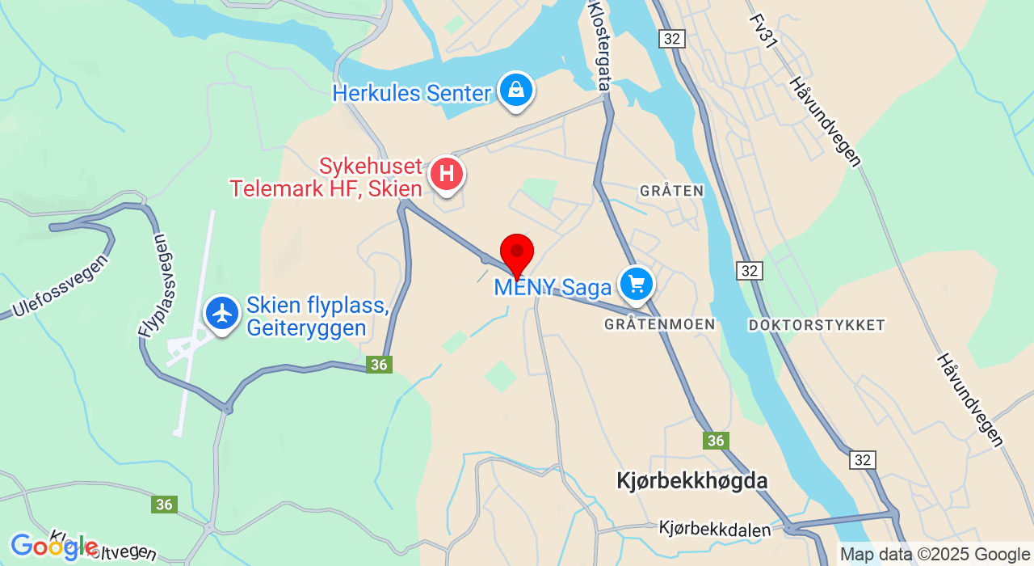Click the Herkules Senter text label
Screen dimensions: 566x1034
[x=411, y=94]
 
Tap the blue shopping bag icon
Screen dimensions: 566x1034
[x=515, y=90]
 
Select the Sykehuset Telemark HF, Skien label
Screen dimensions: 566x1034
[x=326, y=178]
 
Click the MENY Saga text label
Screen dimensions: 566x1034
[x=553, y=287]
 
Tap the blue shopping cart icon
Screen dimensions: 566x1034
[x=637, y=284]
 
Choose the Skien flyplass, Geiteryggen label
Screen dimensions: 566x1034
[x=317, y=317]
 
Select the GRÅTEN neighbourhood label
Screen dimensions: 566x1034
[x=671, y=191]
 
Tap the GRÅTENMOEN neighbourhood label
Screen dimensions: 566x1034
[x=659, y=324]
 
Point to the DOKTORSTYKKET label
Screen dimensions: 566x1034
[x=817, y=325]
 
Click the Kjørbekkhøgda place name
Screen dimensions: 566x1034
[x=691, y=481]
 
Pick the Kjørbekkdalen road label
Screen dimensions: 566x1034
[x=715, y=529]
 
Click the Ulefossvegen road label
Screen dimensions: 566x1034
[x=61, y=286]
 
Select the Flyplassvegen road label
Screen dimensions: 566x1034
[x=154, y=285]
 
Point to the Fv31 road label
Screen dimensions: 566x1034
[x=763, y=32]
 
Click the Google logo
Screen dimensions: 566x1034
[x=53, y=547]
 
